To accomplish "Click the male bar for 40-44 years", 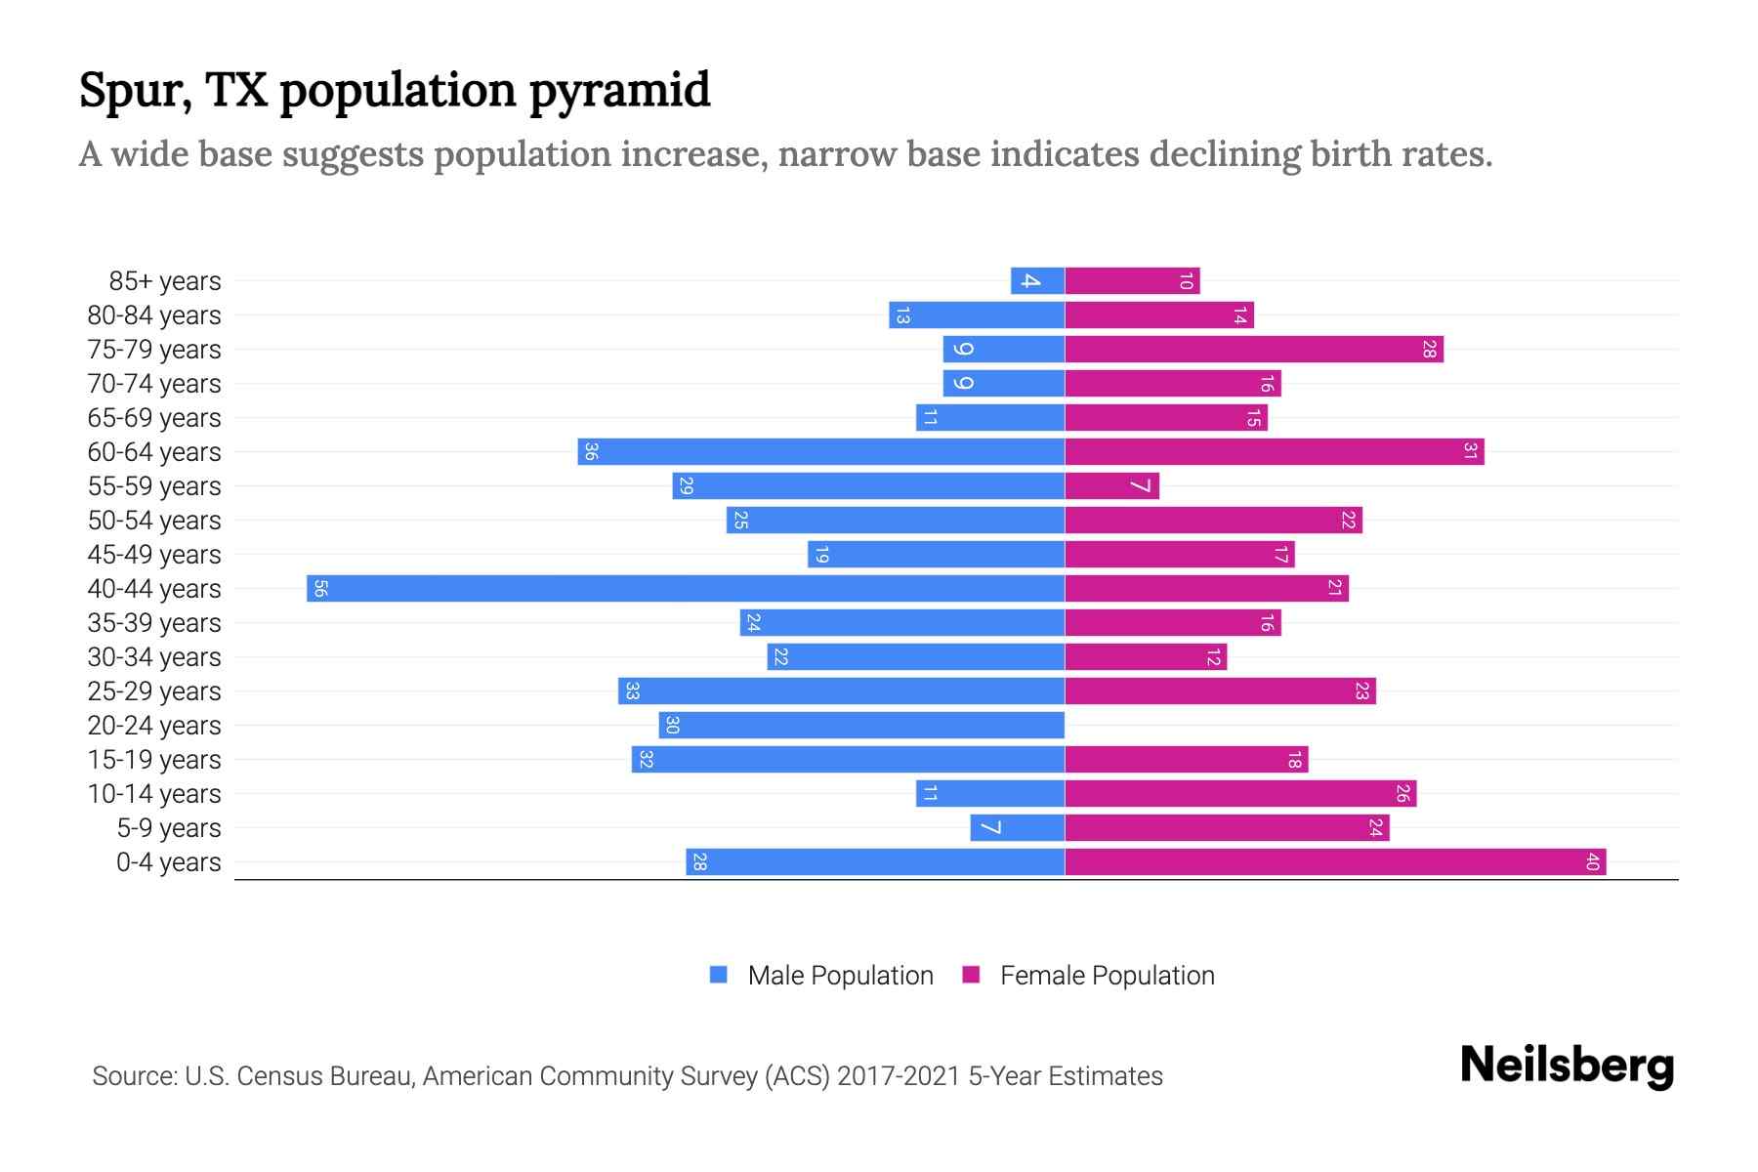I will [684, 589].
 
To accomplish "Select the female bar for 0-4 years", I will [1333, 862].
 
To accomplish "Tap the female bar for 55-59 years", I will [1111, 486].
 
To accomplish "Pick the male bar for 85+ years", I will [1037, 281].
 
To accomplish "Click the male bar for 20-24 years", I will [861, 726].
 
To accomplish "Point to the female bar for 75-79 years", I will [1253, 350].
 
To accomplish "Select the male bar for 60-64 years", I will [820, 452].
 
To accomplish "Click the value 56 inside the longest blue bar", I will [320, 589].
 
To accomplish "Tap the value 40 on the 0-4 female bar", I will [1592, 862].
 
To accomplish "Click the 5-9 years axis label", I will [168, 828].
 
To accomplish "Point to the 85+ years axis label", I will [164, 281].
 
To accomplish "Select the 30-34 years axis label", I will [154, 657].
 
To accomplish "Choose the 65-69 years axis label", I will [154, 418].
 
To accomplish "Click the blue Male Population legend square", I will [719, 975].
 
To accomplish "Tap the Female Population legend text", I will [1107, 976].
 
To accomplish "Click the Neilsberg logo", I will [1567, 1066].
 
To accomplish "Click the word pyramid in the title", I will [620, 91].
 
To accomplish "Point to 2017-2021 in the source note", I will [899, 1076].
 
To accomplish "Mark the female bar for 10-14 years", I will [1240, 794].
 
